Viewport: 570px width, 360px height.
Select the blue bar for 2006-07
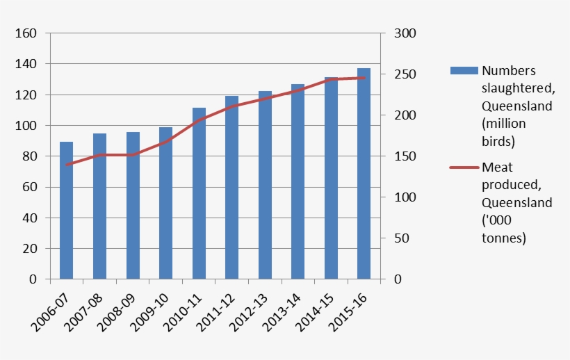pos(66,211)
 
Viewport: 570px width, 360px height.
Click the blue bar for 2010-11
pos(199,194)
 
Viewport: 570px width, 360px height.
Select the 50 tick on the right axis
pos(400,238)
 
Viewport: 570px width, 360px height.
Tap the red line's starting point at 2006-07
pos(66,165)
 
